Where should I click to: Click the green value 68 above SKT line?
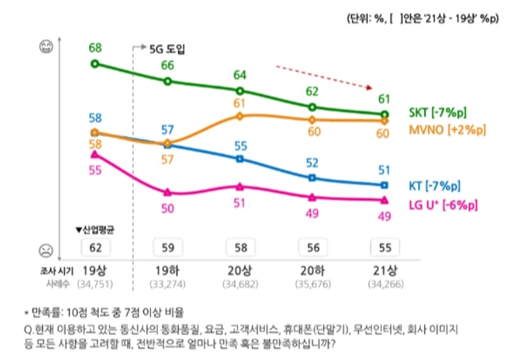pyautogui.click(x=95, y=49)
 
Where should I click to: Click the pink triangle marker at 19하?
pyautogui.click(x=168, y=193)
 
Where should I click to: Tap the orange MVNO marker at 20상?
pyautogui.click(x=240, y=115)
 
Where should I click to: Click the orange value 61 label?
pyautogui.click(x=240, y=104)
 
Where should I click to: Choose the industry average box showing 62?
pyautogui.click(x=95, y=247)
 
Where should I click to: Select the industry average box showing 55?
pyautogui.click(x=384, y=247)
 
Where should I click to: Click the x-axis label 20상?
pyautogui.click(x=240, y=270)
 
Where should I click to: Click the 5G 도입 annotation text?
pyautogui.click(x=168, y=49)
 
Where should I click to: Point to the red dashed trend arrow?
pyautogui.click(x=323, y=77)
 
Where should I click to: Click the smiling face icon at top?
pyautogui.click(x=47, y=49)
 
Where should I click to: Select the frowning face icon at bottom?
pyautogui.click(x=47, y=247)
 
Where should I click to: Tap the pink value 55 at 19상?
pyautogui.click(x=95, y=170)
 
